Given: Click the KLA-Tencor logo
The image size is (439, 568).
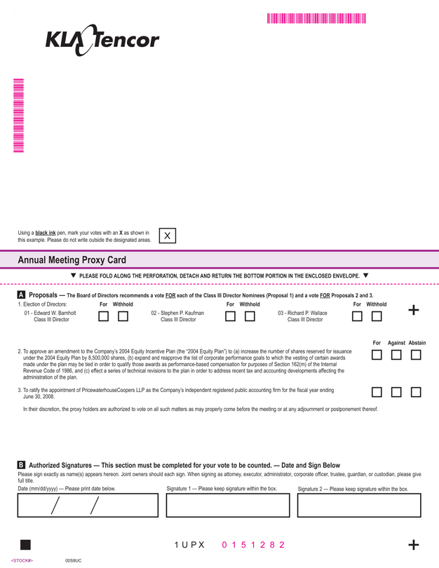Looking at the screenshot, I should point(102,40).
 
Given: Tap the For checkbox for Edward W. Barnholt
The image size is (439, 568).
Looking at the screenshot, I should point(103,317).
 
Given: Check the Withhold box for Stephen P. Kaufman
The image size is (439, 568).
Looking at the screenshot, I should point(250,317).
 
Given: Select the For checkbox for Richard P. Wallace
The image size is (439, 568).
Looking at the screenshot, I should point(357,317).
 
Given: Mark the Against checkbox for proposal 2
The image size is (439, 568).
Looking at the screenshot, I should point(396,355).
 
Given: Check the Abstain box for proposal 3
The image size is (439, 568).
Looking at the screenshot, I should point(416,393).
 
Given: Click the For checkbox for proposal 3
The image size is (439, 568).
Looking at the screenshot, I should point(377,393).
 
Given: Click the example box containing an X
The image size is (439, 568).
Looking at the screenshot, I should point(168,236).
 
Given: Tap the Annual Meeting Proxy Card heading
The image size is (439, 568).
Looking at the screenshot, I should point(72,260).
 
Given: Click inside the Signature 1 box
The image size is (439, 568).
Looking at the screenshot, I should point(228,505).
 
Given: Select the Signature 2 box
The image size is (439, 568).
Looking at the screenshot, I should point(359,505).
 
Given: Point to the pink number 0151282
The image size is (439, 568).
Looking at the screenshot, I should point(253,545).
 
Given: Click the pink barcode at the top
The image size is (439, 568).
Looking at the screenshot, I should point(316,19).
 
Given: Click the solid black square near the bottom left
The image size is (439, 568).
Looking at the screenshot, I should point(26,545).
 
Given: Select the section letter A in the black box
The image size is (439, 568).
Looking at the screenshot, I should point(21,295).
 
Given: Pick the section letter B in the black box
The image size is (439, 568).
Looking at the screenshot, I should point(21,465).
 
